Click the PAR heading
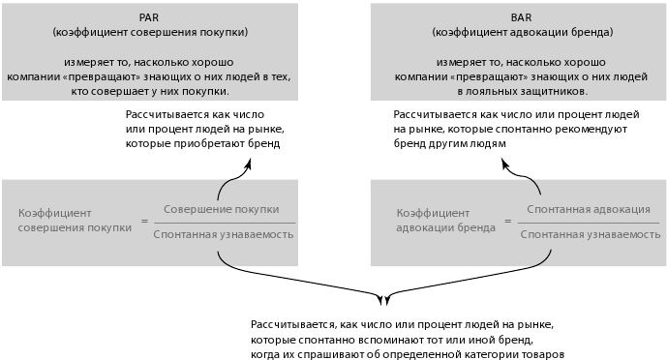click(150, 16)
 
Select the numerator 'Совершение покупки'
click(222, 209)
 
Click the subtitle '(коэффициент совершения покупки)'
click(150, 32)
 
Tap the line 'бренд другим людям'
click(449, 143)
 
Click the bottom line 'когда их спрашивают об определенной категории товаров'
click(407, 354)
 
